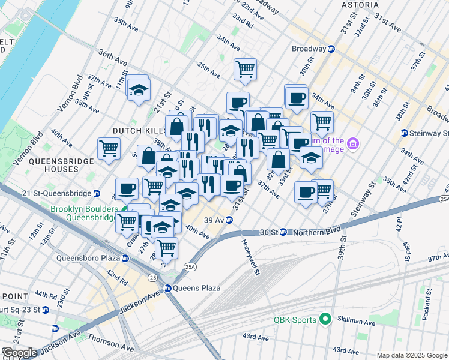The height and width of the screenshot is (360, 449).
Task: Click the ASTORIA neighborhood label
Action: (x=360, y=5)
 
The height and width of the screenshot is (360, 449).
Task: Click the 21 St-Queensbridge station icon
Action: (x=96, y=193)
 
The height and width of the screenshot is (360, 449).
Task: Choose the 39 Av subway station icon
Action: (x=229, y=220)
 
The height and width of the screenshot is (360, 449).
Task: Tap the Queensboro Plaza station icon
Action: (x=125, y=259)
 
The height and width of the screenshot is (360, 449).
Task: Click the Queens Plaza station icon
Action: (x=169, y=288)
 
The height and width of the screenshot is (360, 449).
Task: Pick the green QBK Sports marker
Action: (x=325, y=319)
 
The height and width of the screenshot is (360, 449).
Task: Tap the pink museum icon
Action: (x=354, y=144)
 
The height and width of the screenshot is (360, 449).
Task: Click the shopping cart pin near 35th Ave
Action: (x=245, y=69)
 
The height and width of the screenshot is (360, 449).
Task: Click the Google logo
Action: (x=19, y=353)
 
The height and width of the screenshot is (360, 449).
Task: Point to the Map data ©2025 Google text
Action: (x=411, y=355)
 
